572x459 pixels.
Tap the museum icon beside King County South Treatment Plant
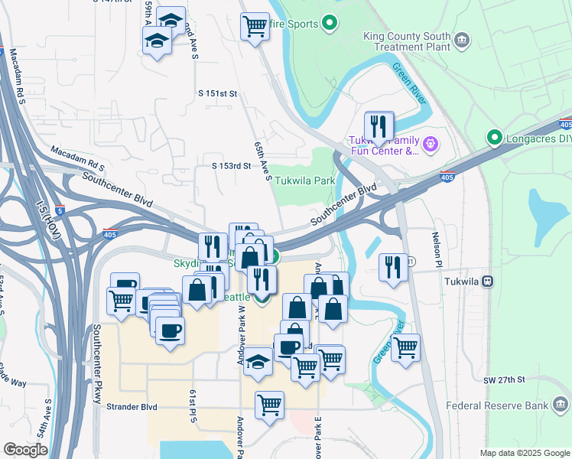pos(462,40)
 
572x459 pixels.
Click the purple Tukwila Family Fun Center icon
pos(431,142)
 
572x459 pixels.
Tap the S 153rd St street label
pos(231,165)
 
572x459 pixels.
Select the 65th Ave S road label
pos(262,161)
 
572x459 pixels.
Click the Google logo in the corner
pos(25,450)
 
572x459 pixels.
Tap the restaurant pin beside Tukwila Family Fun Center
pos(379,125)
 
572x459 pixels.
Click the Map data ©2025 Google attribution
pos(525,453)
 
